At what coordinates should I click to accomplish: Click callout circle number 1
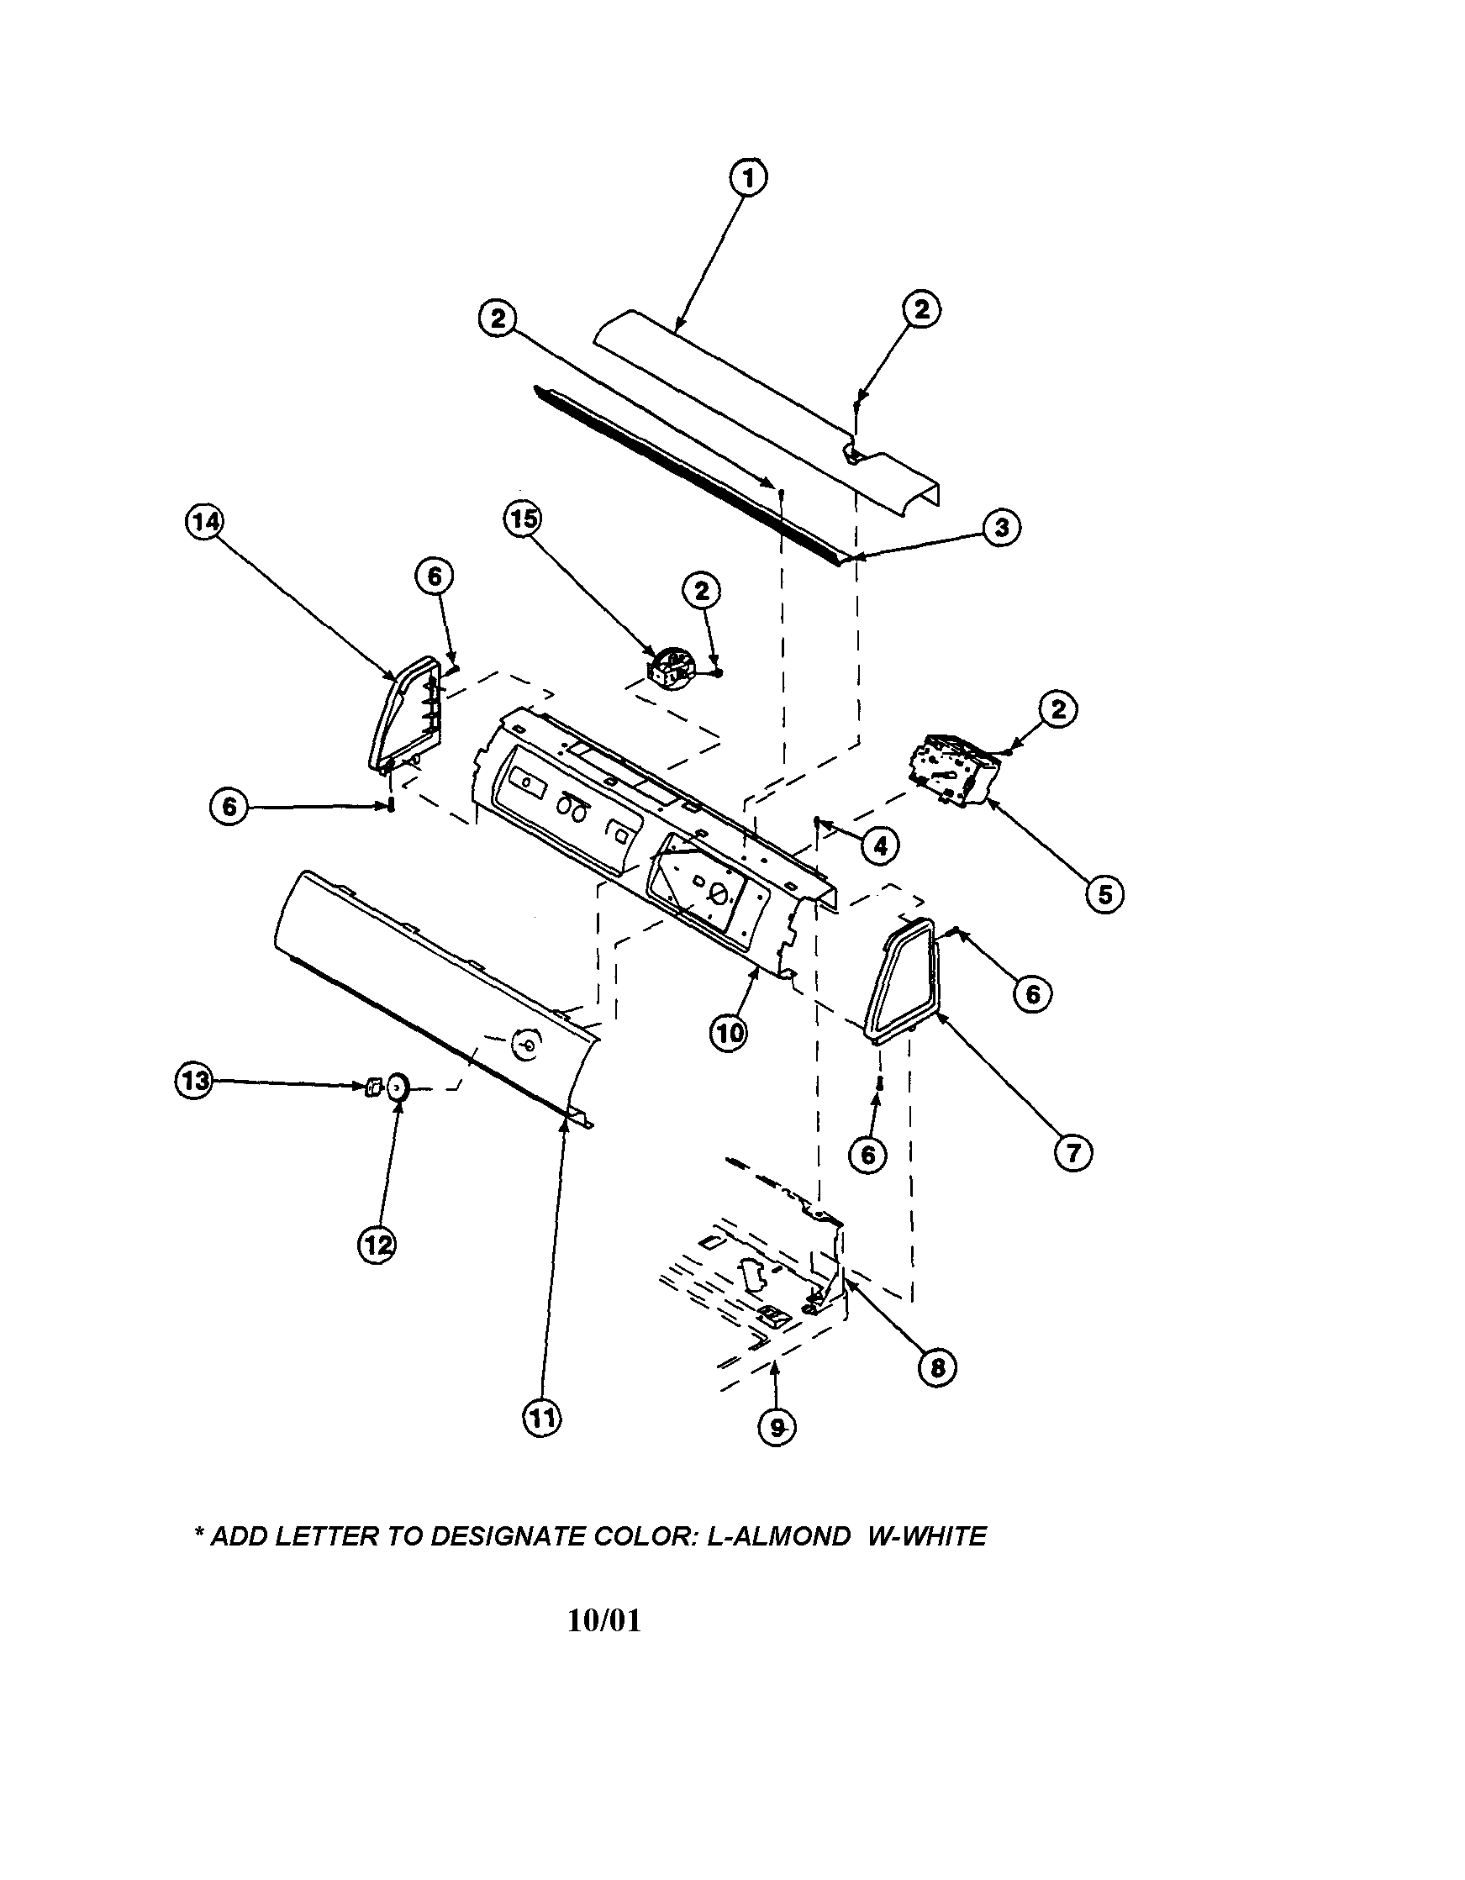748,178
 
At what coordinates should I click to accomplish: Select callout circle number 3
1002,527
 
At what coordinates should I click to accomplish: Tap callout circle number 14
205,522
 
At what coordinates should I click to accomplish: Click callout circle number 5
1104,895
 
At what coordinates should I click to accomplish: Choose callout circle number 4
880,847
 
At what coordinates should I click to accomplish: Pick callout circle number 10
729,1033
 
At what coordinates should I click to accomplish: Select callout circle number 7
1073,1152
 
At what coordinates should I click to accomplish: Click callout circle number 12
377,1244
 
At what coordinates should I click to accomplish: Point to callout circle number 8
937,1367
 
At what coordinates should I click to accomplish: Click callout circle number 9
777,1428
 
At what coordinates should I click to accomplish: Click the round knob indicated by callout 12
398,1087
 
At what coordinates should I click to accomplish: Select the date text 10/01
604,1621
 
